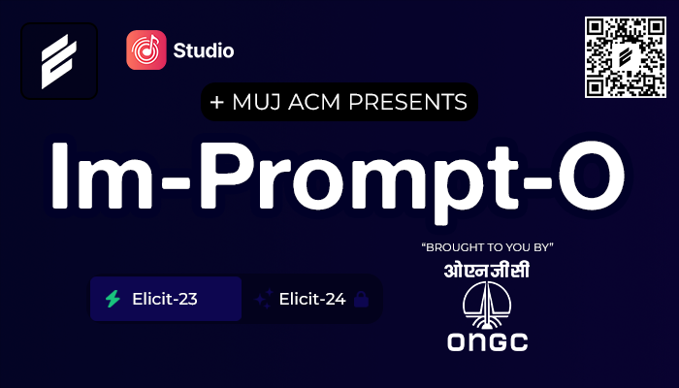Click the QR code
628,57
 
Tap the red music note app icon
146,49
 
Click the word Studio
204,49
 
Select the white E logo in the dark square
59,61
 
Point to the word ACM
324,101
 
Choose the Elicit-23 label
165,299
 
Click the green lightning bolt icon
114,299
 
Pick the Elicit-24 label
311,299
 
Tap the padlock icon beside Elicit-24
361,300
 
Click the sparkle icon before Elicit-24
262,300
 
